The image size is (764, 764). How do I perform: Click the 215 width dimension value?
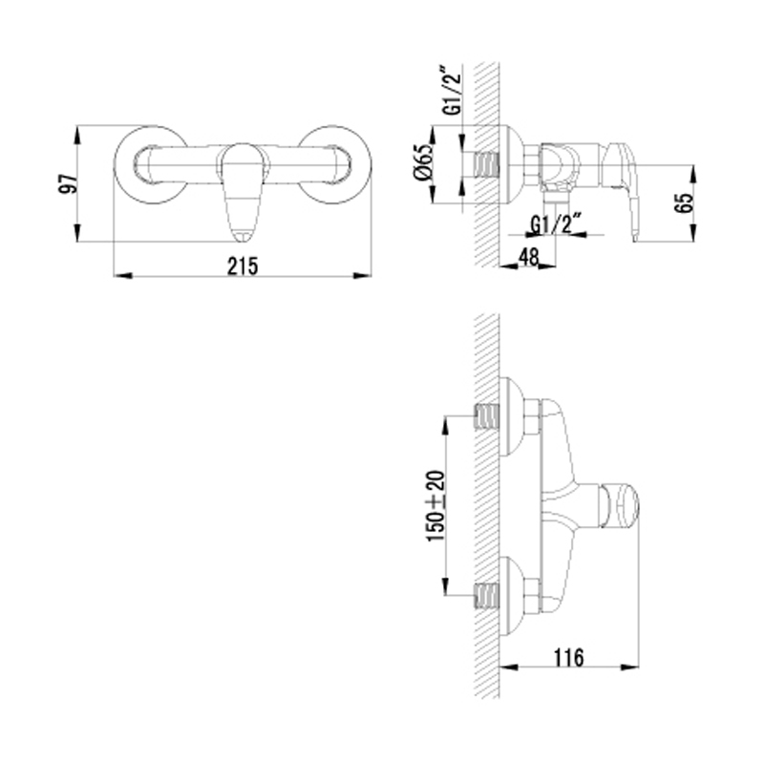(243, 266)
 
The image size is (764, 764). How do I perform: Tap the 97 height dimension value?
(69, 183)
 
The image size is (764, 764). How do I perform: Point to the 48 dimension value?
(528, 257)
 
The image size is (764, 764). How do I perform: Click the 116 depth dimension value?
(568, 657)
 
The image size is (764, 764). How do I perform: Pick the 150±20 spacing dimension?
(436, 506)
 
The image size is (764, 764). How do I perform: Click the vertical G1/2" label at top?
(452, 91)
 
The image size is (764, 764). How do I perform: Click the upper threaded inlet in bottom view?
(487, 418)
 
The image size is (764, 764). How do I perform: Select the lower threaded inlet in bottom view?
(487, 595)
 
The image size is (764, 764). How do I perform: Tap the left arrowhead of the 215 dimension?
(123, 276)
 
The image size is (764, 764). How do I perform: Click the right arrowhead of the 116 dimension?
(629, 667)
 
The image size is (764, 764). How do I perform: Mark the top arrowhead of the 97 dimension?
(77, 136)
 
